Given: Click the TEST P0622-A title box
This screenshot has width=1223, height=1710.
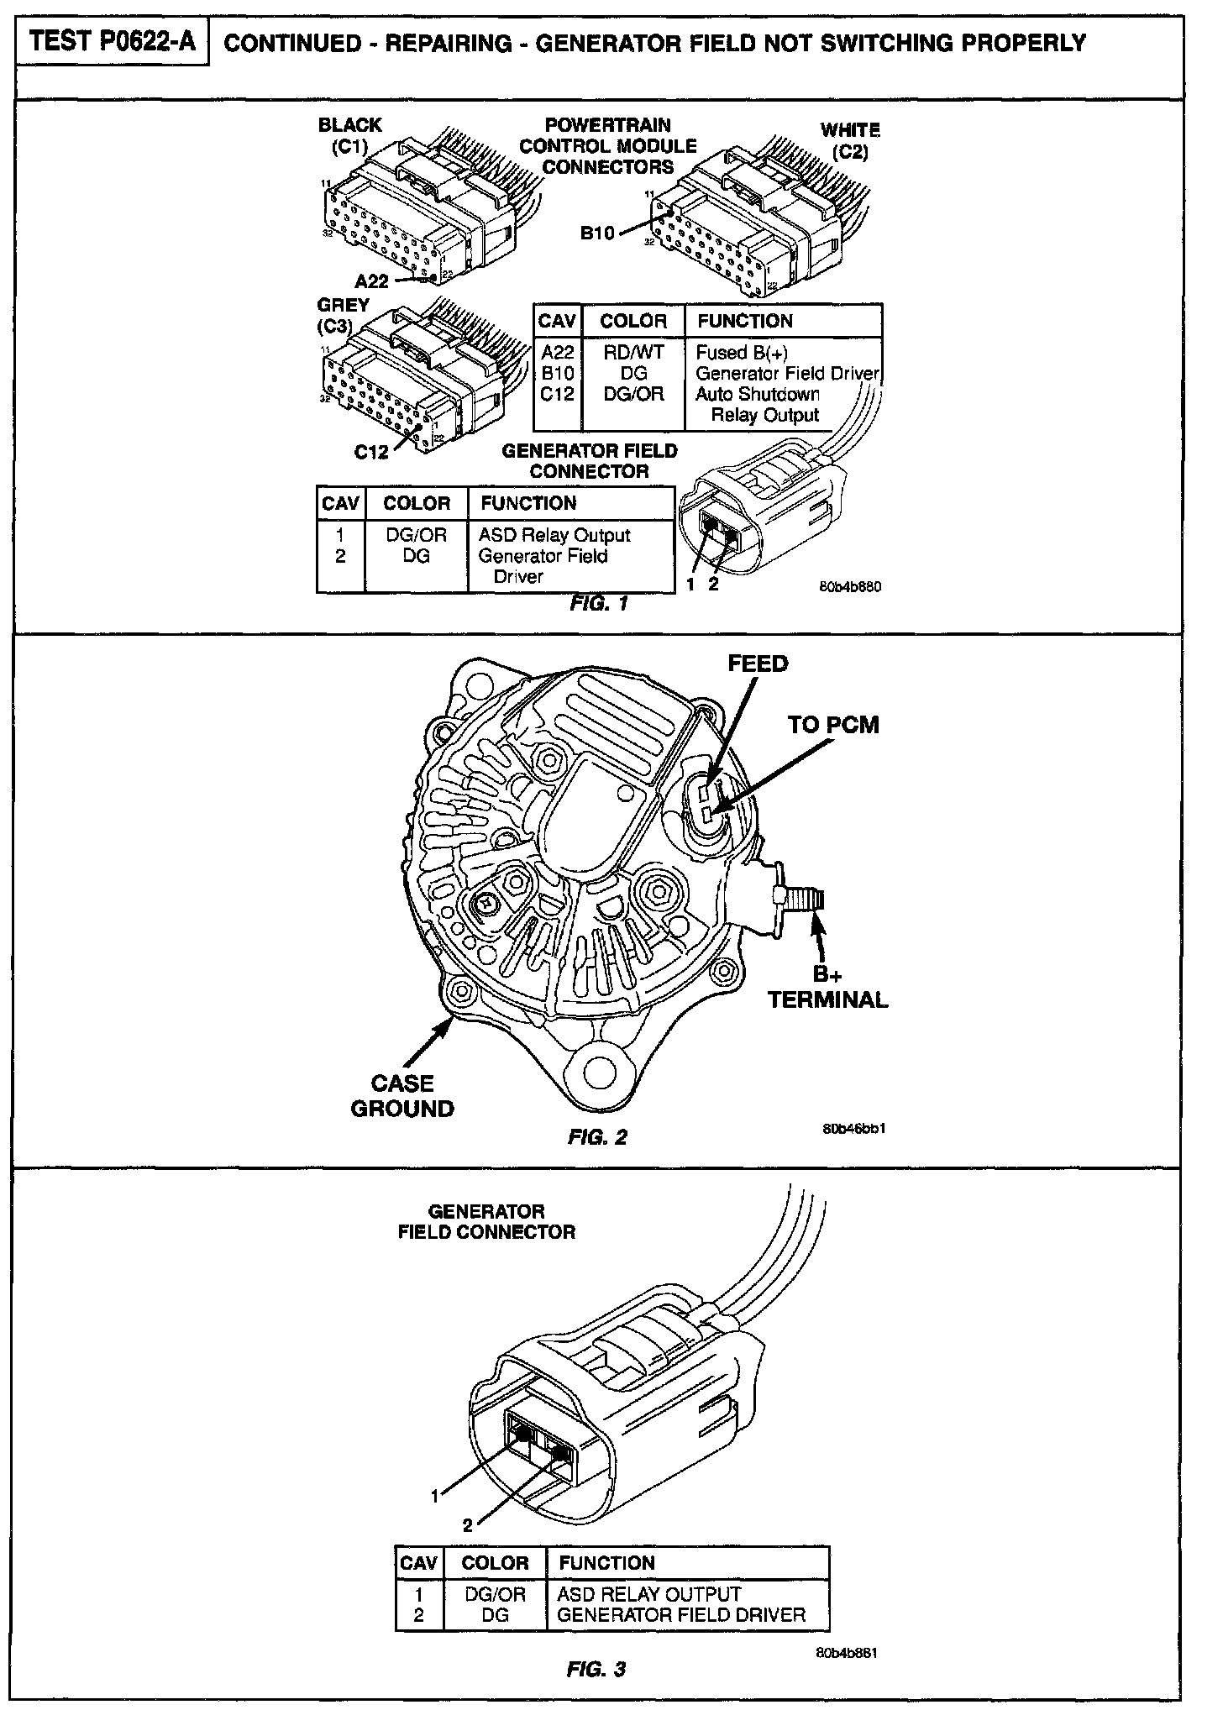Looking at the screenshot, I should coord(113,43).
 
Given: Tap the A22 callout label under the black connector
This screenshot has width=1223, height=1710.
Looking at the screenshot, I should coord(371,281).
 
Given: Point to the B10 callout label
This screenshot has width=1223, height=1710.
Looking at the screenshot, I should coord(598,233).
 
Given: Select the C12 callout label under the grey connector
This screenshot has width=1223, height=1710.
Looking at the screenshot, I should coord(371,453).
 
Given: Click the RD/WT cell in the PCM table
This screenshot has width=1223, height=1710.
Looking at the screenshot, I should coord(633,353).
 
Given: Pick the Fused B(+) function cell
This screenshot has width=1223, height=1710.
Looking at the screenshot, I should coord(742,353).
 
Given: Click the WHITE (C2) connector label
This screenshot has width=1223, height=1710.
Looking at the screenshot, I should coord(850,141).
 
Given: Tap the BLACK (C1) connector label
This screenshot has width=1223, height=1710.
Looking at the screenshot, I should coord(349,135).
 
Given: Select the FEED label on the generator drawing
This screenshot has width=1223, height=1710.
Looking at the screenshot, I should coord(758,664).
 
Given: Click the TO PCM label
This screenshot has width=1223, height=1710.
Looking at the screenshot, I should coord(833,724).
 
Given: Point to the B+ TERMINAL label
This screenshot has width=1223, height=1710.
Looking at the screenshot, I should coord(827,987).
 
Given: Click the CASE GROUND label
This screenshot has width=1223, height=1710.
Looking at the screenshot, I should coord(402,1095).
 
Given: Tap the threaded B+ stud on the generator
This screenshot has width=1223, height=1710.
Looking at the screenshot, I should coord(806,903).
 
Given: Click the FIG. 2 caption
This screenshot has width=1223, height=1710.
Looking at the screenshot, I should coord(597,1137).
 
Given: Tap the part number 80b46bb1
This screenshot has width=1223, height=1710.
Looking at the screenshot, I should coord(854,1128).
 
